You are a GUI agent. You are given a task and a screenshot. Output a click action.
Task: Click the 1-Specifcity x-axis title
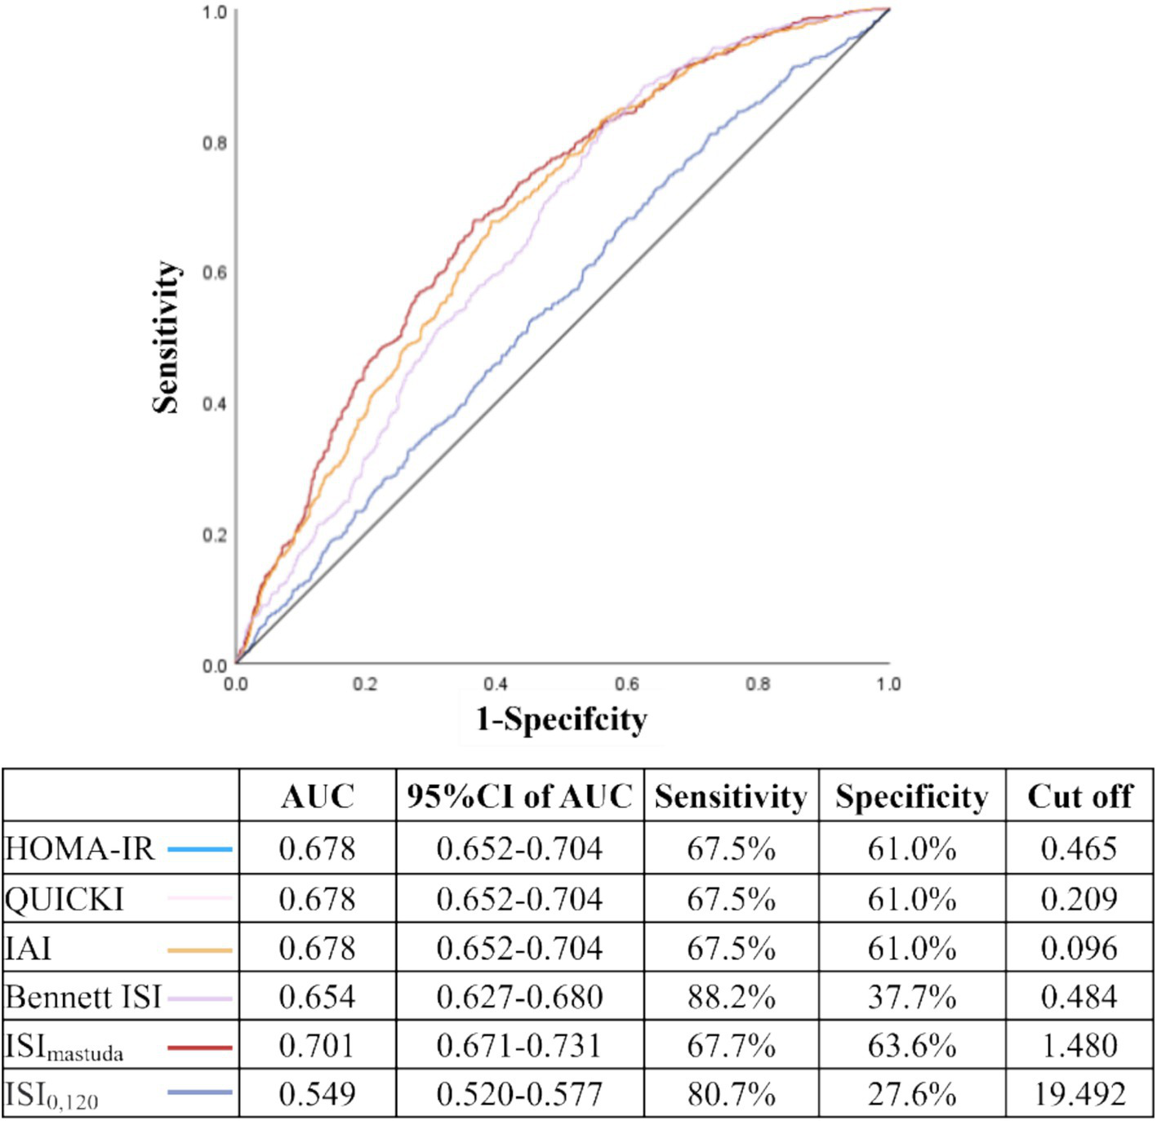(x=562, y=719)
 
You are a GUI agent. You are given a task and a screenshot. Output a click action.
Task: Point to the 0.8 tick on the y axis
(x=215, y=143)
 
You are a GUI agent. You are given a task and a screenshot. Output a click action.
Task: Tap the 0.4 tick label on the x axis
(x=496, y=684)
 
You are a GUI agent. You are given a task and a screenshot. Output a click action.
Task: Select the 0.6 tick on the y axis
(x=215, y=273)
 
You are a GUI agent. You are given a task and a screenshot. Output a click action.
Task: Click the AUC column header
(x=318, y=796)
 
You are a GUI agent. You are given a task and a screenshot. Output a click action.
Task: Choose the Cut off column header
(x=1079, y=796)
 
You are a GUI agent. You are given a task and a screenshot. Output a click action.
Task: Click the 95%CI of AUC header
(x=519, y=796)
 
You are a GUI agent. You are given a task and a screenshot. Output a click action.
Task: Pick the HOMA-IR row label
(x=79, y=849)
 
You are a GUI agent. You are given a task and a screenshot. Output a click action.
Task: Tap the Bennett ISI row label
(x=82, y=997)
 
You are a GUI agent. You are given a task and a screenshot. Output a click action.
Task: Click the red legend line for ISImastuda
(x=199, y=1047)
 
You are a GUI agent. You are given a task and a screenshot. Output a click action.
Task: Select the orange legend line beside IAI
(x=199, y=950)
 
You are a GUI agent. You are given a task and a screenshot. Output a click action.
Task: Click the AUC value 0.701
(x=317, y=1046)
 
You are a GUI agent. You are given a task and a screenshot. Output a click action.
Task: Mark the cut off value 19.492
(x=1079, y=1095)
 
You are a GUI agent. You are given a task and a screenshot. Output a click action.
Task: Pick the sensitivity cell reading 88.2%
(x=731, y=997)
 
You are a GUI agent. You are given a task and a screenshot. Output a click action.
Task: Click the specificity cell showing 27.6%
(x=911, y=1095)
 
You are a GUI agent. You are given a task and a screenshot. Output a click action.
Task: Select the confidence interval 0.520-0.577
(x=519, y=1095)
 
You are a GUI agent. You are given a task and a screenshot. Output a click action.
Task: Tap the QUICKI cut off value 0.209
(x=1079, y=899)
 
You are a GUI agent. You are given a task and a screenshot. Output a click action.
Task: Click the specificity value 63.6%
(x=911, y=1046)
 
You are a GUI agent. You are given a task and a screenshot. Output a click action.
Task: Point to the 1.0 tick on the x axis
(x=888, y=684)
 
